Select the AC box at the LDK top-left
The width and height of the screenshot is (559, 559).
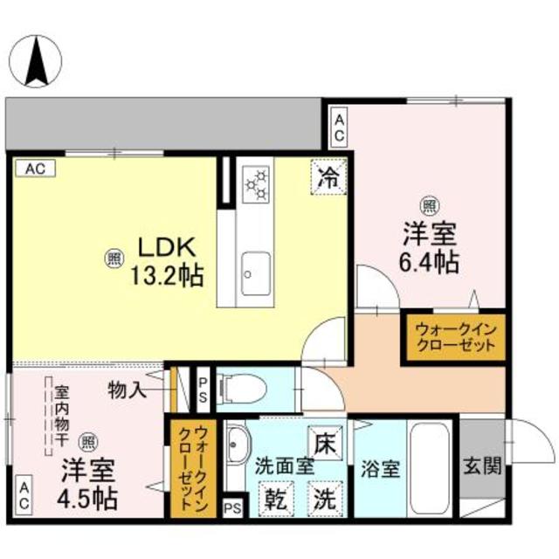tap(35, 169)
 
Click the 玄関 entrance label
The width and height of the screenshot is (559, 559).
tap(482, 466)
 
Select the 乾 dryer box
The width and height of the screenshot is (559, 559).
tap(277, 502)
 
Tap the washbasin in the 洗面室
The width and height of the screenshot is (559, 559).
tap(234, 451)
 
